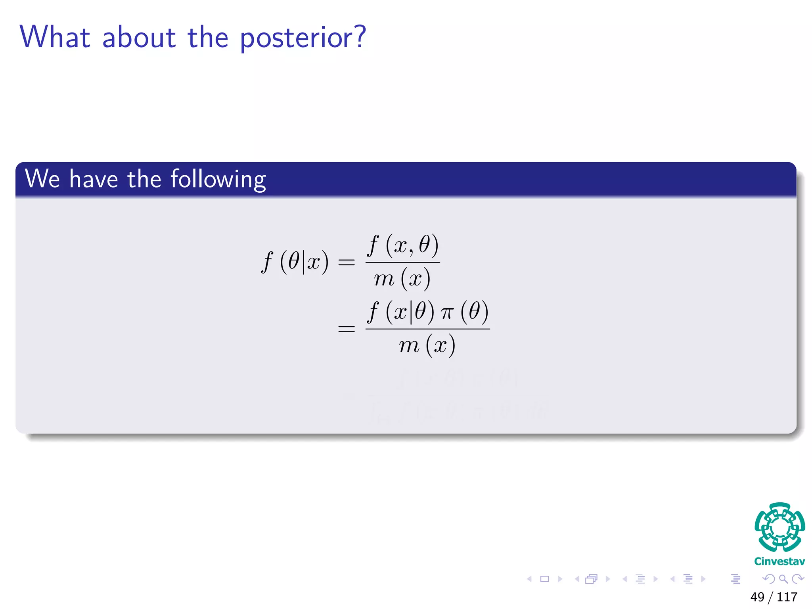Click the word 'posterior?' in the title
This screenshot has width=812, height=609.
tap(303, 38)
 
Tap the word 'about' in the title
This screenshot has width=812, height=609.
tap(139, 38)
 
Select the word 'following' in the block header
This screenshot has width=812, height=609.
tap(218, 179)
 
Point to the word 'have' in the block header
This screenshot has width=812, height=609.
tap(94, 179)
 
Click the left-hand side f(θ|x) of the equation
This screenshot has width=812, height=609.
tap(295, 262)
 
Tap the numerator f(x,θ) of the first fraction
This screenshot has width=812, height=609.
tap(402, 245)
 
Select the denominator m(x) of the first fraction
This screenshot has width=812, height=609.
tap(402, 279)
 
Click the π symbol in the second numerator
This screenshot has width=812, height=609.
tap(446, 313)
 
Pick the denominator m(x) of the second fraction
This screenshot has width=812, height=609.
tap(427, 345)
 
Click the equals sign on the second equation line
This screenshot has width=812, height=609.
tap(346, 329)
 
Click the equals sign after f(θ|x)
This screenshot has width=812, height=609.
tap(346, 262)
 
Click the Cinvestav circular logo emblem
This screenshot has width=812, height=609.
tap(779, 527)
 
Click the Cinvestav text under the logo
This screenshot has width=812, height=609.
tap(779, 561)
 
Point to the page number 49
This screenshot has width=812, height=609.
tap(757, 597)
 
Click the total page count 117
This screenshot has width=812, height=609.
tap(787, 597)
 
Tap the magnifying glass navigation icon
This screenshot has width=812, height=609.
tap(783, 579)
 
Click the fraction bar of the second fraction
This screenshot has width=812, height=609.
tap(427, 329)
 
